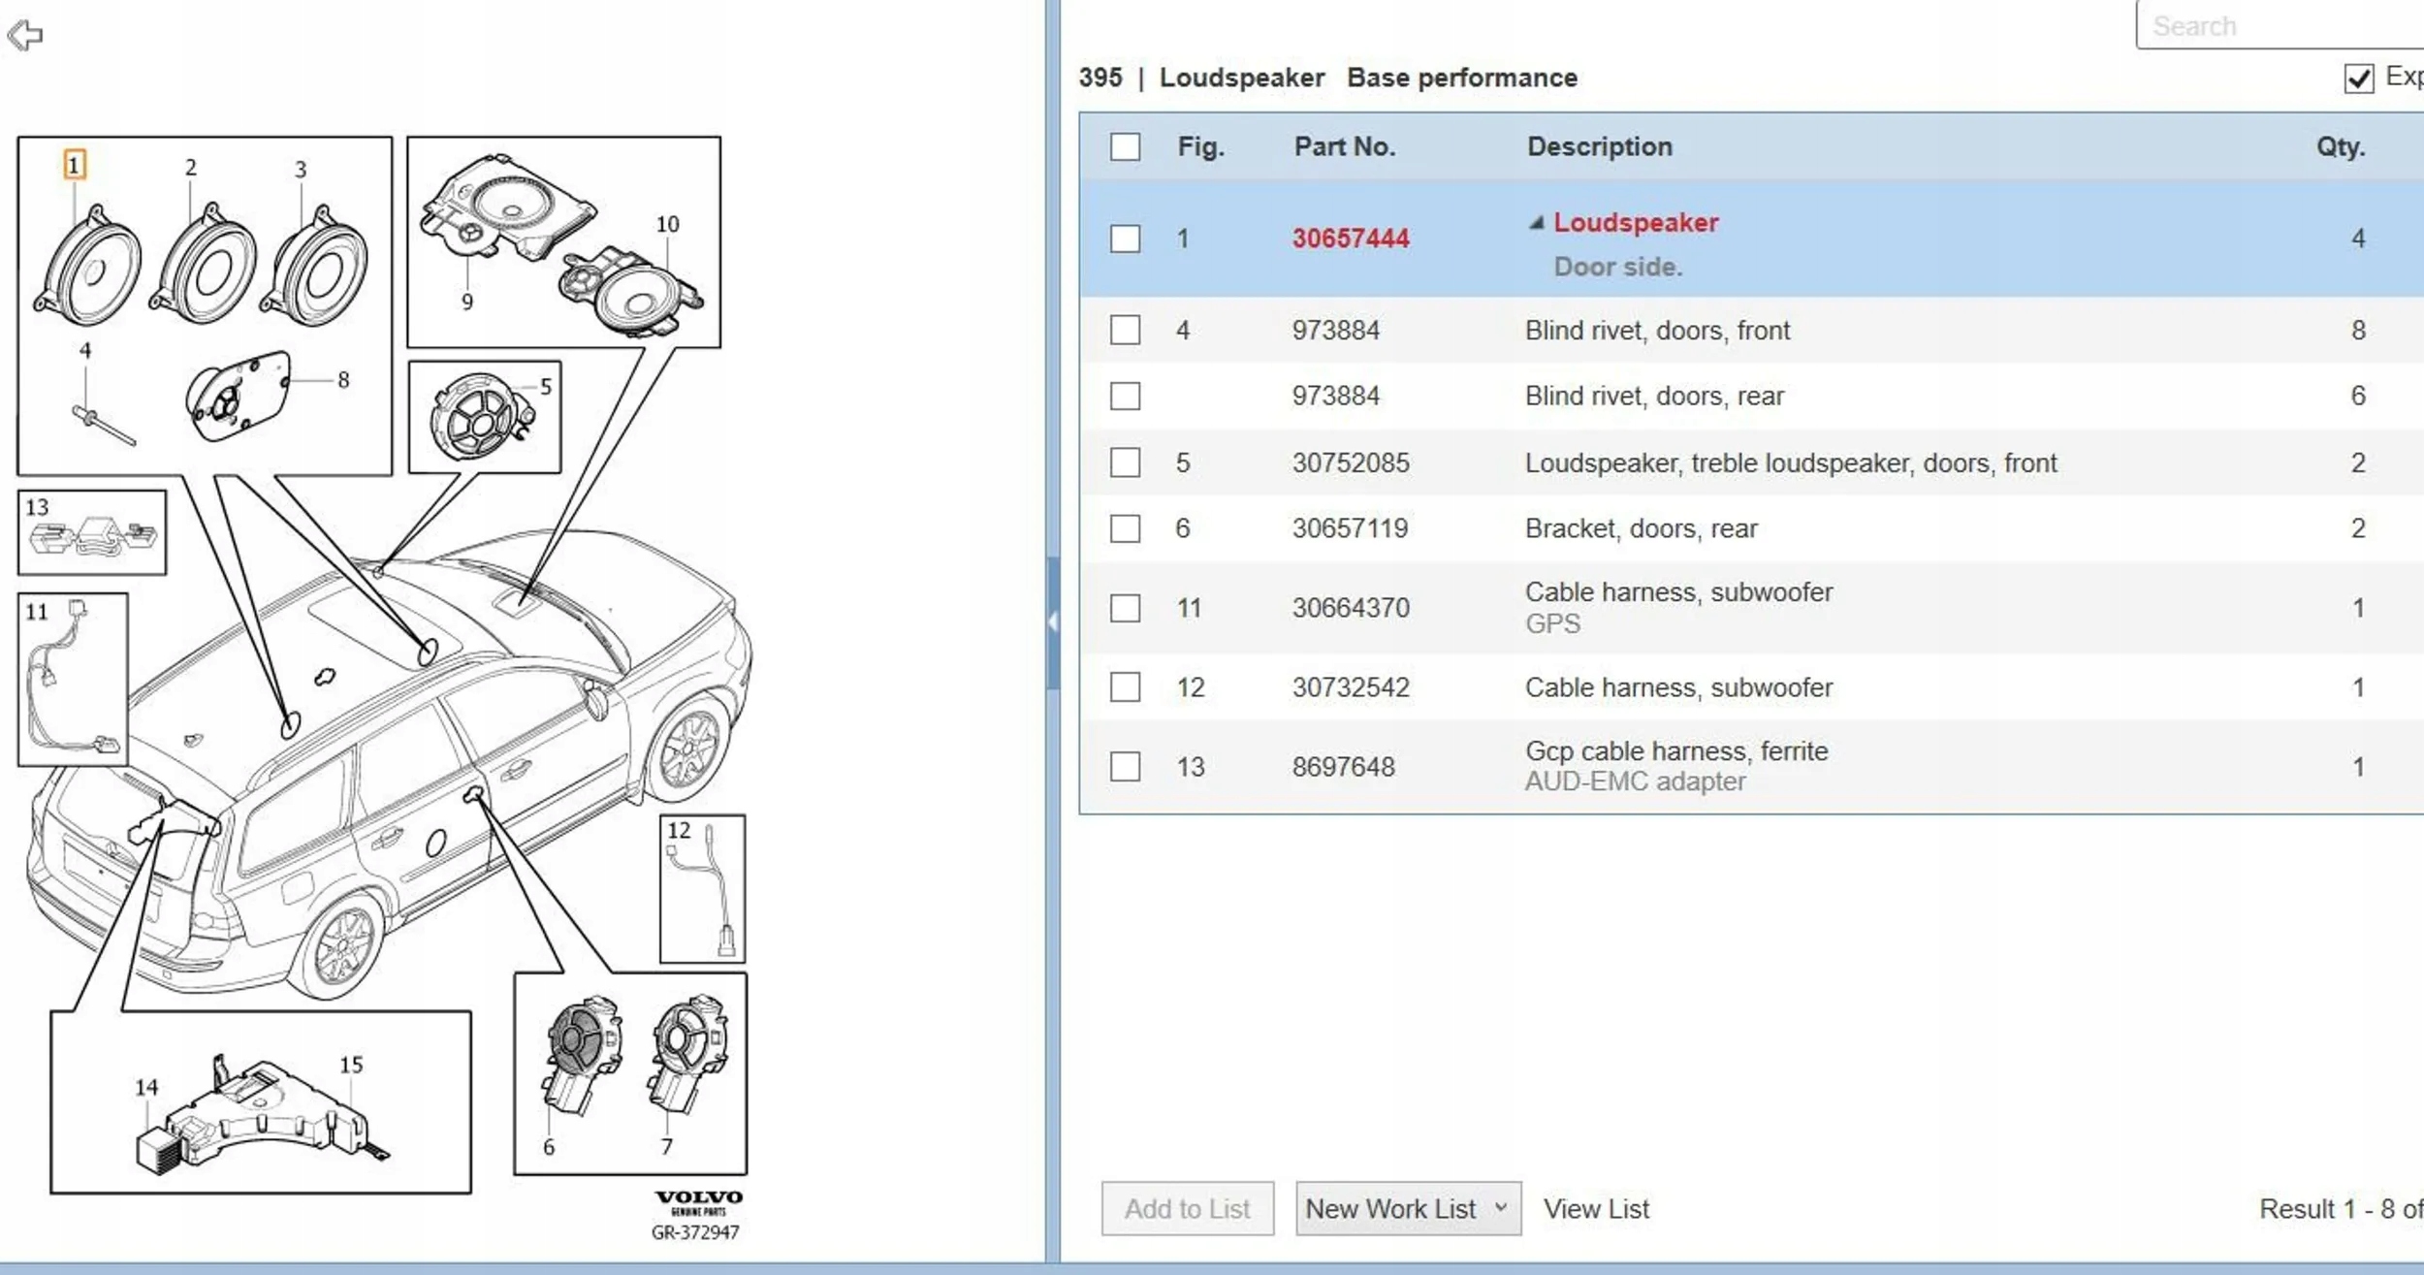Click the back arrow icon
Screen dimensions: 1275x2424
click(25, 36)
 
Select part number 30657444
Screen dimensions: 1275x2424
click(1350, 239)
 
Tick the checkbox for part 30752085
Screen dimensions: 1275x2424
click(1125, 462)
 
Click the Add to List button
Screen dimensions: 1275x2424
click(1187, 1209)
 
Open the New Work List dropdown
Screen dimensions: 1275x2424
click(1407, 1209)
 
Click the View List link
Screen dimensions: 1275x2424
click(1596, 1209)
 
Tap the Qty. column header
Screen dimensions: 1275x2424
click(2340, 146)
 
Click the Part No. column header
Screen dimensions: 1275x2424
click(1344, 146)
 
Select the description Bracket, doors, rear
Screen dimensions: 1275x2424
click(1641, 528)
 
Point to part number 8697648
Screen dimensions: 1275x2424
click(1343, 767)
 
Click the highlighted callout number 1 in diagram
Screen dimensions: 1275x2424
click(74, 165)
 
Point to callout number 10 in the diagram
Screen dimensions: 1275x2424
click(667, 224)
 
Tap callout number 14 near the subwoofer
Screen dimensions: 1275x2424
click(146, 1088)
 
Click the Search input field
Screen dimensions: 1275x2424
click(2279, 26)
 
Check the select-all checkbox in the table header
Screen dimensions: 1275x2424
click(1125, 147)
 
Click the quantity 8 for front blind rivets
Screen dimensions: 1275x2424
click(2358, 331)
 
